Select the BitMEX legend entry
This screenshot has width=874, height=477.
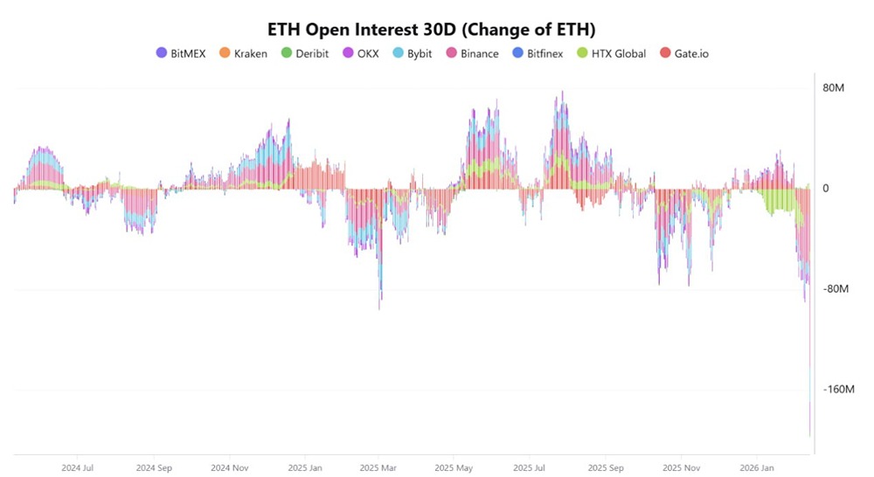point(180,53)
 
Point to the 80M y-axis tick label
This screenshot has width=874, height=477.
point(833,88)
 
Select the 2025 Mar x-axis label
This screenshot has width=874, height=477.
point(378,467)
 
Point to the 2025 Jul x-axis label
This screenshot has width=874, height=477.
point(530,467)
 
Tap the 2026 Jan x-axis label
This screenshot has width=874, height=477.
point(755,467)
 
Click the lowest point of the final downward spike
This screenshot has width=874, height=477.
point(810,434)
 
